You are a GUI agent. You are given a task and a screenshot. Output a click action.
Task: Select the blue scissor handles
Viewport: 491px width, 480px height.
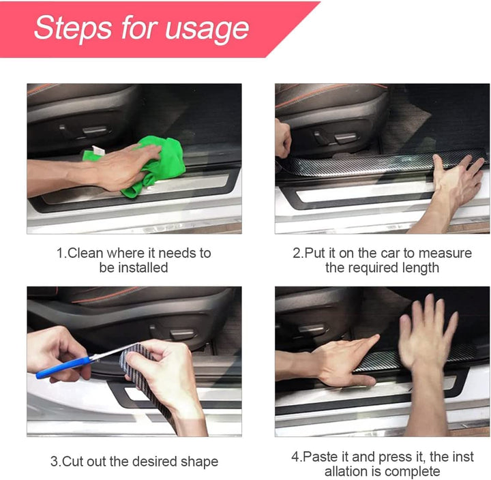tap(61, 367)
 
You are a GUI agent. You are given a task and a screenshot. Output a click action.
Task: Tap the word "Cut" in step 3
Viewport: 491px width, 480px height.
tap(74, 462)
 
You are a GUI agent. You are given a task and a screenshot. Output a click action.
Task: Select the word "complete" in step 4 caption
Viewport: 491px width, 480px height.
tap(412, 471)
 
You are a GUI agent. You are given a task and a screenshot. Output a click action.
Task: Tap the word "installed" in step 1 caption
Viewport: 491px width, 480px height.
tap(143, 268)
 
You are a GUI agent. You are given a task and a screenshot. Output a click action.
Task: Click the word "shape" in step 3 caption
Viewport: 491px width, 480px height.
tap(198, 462)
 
